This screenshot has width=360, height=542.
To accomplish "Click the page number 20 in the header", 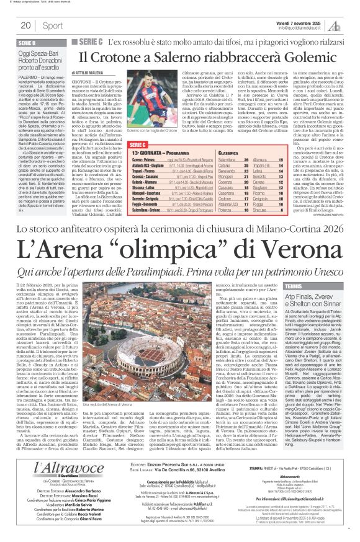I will coord(25,25).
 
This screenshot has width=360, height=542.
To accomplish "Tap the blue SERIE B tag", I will coord(27,43).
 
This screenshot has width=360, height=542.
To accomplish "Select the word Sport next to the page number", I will coord(53,25).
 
